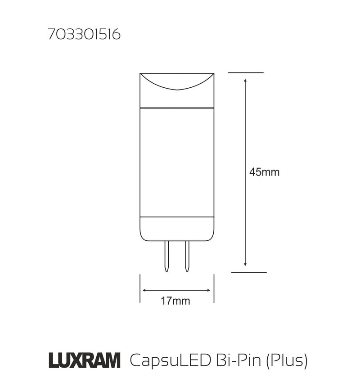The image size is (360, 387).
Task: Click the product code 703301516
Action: [x=84, y=36]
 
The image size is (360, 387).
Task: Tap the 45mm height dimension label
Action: [x=265, y=172]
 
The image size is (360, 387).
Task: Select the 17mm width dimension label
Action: [x=175, y=301]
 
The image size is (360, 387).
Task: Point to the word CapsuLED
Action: [x=164, y=360]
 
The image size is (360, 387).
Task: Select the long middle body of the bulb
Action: [x=177, y=162]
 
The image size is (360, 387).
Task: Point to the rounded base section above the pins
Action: [x=177, y=229]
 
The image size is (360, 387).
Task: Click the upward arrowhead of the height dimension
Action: [x=245, y=81]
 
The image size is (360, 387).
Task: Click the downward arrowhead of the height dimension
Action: [x=245, y=264]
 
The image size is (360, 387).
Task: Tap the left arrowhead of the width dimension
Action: [x=144, y=290]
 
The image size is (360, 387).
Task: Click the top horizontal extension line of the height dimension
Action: [x=246, y=72]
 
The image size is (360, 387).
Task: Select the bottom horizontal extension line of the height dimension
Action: [x=249, y=272]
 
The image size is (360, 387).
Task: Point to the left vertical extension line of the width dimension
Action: [x=140, y=288]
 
